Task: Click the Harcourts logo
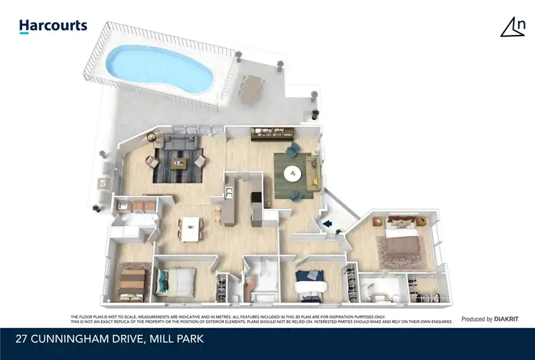click(x=53, y=26)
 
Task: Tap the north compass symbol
click(x=513, y=26)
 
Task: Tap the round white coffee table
click(x=293, y=174)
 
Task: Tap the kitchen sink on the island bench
click(x=228, y=192)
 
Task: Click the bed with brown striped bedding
click(x=132, y=283)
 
